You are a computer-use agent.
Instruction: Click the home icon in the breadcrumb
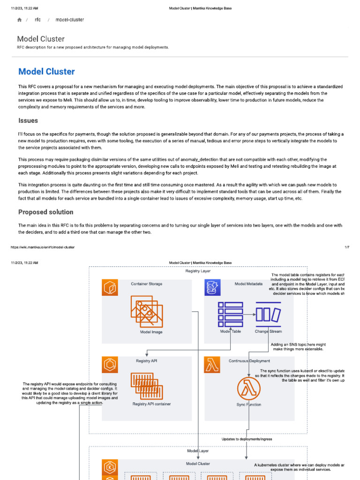[x=19, y=20]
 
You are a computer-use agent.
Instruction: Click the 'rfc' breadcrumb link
[x=37, y=20]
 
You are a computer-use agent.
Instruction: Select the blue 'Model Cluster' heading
[x=46, y=72]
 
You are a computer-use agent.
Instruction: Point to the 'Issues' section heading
[x=28, y=121]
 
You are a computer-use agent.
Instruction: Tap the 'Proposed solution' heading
[x=46, y=212]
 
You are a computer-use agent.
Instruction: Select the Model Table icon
[x=231, y=314]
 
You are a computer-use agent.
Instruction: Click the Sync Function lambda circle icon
[x=249, y=389]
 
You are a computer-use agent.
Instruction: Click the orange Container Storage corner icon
[x=110, y=288]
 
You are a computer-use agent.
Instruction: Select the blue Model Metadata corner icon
[x=212, y=288]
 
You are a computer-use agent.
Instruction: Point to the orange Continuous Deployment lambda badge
[x=212, y=365]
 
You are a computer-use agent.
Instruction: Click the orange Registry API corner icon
[x=110, y=365]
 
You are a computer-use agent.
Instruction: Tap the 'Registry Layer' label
[x=198, y=271]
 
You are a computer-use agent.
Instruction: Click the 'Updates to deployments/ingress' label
[x=247, y=439]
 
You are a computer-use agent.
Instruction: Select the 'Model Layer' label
[x=198, y=451]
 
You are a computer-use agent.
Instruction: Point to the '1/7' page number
[x=346, y=247]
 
